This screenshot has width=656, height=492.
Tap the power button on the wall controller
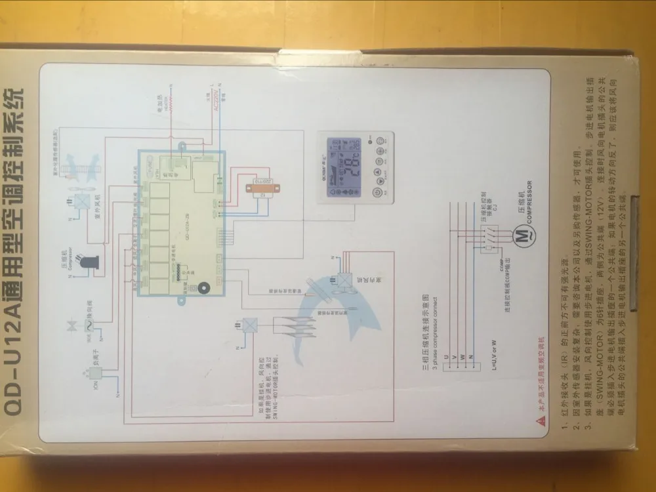tap(377, 194)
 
